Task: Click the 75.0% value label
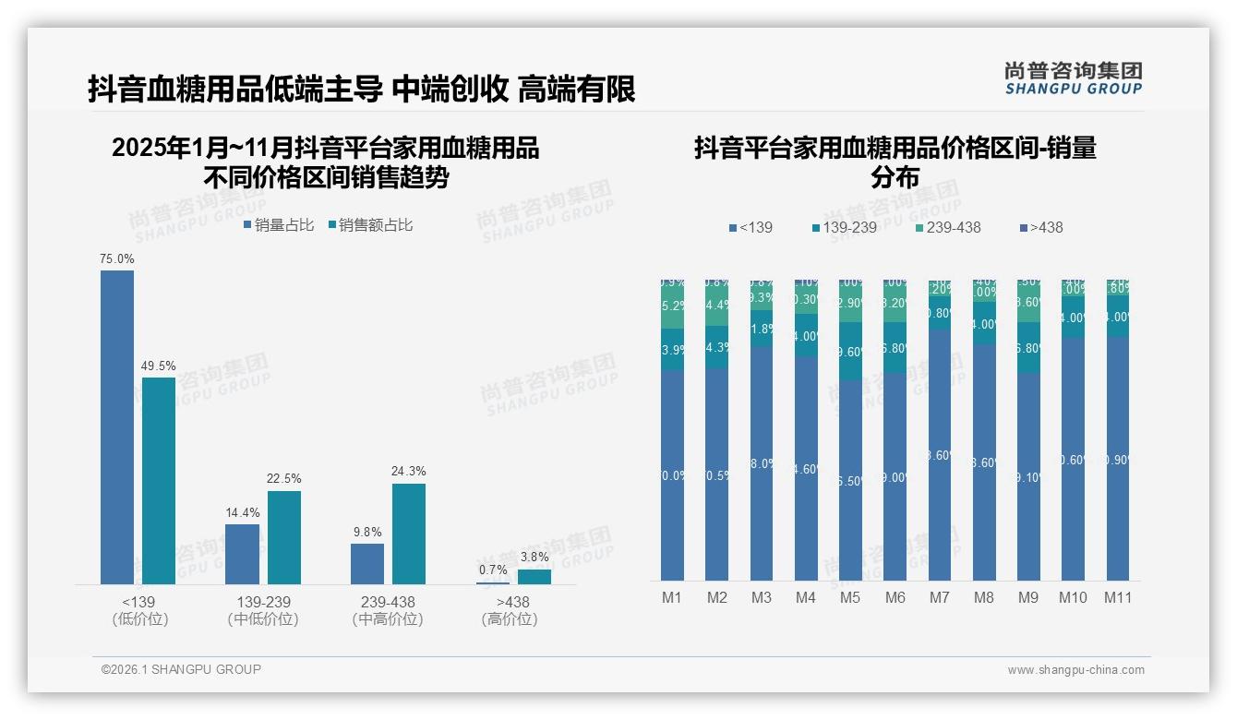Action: pos(117,259)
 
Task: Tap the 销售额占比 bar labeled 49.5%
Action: pos(159,480)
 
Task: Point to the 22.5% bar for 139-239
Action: pos(284,537)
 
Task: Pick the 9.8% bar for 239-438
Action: pos(367,563)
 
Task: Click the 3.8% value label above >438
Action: pos(534,558)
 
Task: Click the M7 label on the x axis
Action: pos(939,597)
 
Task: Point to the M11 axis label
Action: pos(1118,597)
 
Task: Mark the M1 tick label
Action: pos(672,597)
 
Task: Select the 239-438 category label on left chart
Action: pos(388,602)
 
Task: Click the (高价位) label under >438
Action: pos(510,619)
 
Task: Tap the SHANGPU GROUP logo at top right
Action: pos(1073,78)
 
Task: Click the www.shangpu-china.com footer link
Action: pos(1075,669)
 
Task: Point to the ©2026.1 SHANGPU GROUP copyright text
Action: pos(181,669)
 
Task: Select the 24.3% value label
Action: pos(409,472)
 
